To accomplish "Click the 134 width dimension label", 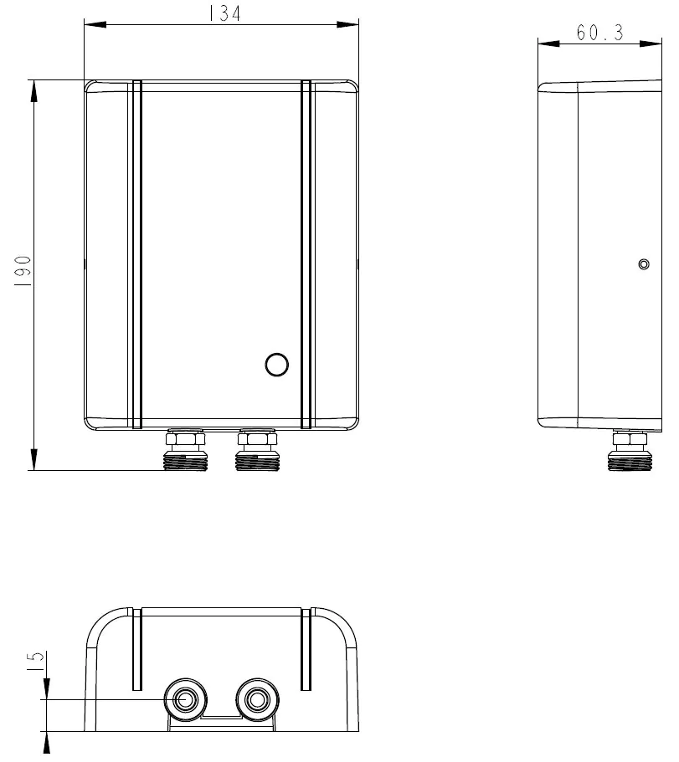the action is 224,13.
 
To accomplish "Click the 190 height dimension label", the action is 23,271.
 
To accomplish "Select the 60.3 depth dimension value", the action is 599,33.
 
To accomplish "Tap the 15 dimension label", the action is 35,662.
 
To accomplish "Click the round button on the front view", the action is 277,365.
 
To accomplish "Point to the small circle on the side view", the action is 644,264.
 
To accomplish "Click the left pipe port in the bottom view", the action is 185,700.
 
